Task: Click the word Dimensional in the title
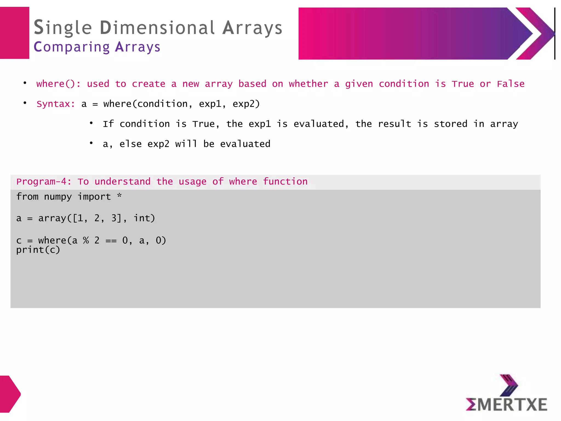point(157,28)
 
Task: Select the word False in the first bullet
point(511,84)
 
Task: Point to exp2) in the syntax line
point(246,104)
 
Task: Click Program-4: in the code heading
point(44,181)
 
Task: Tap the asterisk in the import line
point(119,196)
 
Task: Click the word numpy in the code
point(58,197)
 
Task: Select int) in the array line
point(144,218)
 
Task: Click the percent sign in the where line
point(86,240)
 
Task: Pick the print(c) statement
point(38,250)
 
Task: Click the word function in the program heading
point(285,181)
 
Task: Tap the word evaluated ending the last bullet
point(245,144)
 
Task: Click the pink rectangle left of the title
point(15,33)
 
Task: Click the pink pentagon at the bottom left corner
point(10,394)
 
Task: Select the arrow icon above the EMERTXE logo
point(508,385)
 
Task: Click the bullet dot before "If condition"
point(91,123)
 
